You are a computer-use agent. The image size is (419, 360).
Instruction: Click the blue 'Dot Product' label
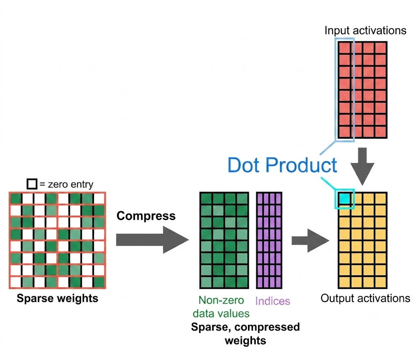tap(282, 165)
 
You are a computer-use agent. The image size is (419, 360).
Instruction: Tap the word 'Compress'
tap(146, 216)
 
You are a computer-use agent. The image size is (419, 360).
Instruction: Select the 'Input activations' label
tap(365, 30)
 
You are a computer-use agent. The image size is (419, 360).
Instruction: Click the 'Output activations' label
tap(365, 298)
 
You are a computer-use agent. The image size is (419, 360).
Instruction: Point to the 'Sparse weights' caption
tap(57, 298)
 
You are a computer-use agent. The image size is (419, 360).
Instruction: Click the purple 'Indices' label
tap(273, 301)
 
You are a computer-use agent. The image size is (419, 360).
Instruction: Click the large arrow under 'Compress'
tap(152, 240)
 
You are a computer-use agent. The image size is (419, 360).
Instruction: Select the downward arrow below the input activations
tap(363, 166)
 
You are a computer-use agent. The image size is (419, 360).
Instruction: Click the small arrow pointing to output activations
tap(310, 241)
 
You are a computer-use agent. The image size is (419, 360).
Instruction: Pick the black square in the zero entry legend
tap(32, 184)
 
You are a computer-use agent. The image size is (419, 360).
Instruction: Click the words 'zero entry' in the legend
tap(70, 184)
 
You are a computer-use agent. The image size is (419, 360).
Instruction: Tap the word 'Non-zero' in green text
tap(221, 300)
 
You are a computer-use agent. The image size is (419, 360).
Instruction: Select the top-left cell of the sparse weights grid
tap(16, 198)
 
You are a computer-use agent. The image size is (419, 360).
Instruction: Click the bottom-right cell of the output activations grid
tap(381, 282)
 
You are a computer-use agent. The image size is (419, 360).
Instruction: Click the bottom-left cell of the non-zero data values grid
tap(206, 282)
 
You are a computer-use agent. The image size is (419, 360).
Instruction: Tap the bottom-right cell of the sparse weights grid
tap(99, 282)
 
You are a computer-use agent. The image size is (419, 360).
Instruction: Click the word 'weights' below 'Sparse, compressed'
tap(246, 341)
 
